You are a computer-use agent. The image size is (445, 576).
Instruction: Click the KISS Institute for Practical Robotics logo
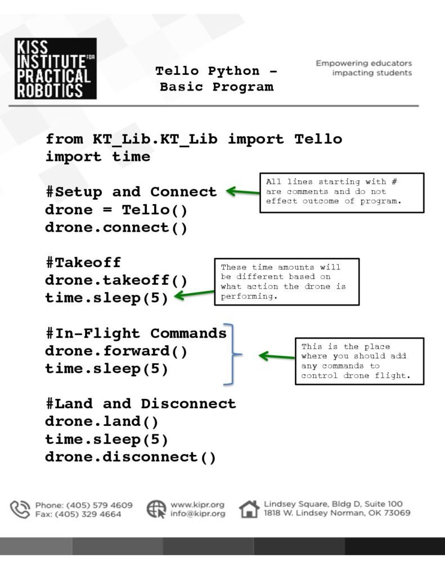pyautogui.click(x=56, y=68)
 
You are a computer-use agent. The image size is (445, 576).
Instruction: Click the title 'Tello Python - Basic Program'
pyautogui.click(x=217, y=79)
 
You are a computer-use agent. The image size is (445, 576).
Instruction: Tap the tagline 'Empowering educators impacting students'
pyautogui.click(x=364, y=68)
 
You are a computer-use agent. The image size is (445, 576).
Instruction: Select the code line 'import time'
pyautogui.click(x=98, y=157)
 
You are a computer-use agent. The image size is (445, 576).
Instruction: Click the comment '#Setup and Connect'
pyautogui.click(x=131, y=192)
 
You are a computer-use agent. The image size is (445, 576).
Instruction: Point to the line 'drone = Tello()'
pyautogui.click(x=116, y=210)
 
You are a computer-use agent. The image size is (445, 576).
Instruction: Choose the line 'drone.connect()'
pyautogui.click(x=116, y=227)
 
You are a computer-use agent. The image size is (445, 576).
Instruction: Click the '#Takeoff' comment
pyautogui.click(x=83, y=262)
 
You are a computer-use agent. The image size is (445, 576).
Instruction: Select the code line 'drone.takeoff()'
pyautogui.click(x=116, y=280)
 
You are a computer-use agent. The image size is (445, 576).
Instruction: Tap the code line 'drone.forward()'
pyautogui.click(x=116, y=351)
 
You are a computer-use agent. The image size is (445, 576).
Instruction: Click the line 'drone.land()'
pyautogui.click(x=102, y=421)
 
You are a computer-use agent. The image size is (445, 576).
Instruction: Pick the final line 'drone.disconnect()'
pyautogui.click(x=131, y=457)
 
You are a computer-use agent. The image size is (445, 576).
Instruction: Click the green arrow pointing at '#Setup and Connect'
pyautogui.click(x=243, y=191)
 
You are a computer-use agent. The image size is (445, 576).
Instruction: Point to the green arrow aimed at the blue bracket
pyautogui.click(x=277, y=356)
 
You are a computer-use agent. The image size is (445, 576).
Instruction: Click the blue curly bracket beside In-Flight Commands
pyautogui.click(x=233, y=354)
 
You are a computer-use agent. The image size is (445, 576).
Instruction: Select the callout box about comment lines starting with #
pyautogui.click(x=341, y=193)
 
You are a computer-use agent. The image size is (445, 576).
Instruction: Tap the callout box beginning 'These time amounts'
pyautogui.click(x=286, y=282)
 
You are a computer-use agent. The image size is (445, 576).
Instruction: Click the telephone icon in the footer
pyautogui.click(x=20, y=509)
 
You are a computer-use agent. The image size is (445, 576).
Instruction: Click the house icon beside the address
pyautogui.click(x=249, y=509)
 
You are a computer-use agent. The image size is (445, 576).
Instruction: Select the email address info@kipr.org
pyautogui.click(x=197, y=514)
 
